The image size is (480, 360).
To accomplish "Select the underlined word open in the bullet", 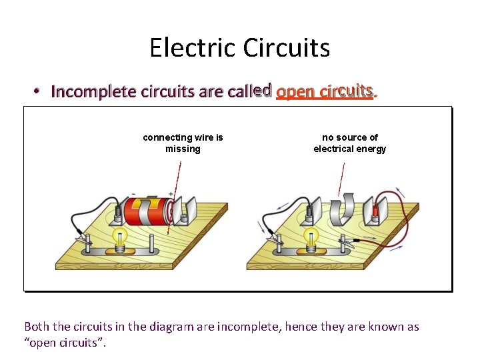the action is pyautogui.click(x=296, y=91).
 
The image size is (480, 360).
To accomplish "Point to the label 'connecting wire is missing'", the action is pyautogui.click(x=183, y=143).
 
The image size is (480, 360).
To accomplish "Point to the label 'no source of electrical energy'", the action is pyautogui.click(x=349, y=143).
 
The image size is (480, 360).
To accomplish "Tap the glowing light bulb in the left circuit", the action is pyautogui.click(x=121, y=237).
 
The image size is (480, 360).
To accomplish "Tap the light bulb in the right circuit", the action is pyautogui.click(x=311, y=237).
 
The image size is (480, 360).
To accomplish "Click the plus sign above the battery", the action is pyautogui.click(x=171, y=194).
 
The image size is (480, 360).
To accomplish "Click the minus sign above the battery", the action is pyautogui.click(x=134, y=195).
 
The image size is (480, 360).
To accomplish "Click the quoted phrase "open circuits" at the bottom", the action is pyautogui.click(x=64, y=343).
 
